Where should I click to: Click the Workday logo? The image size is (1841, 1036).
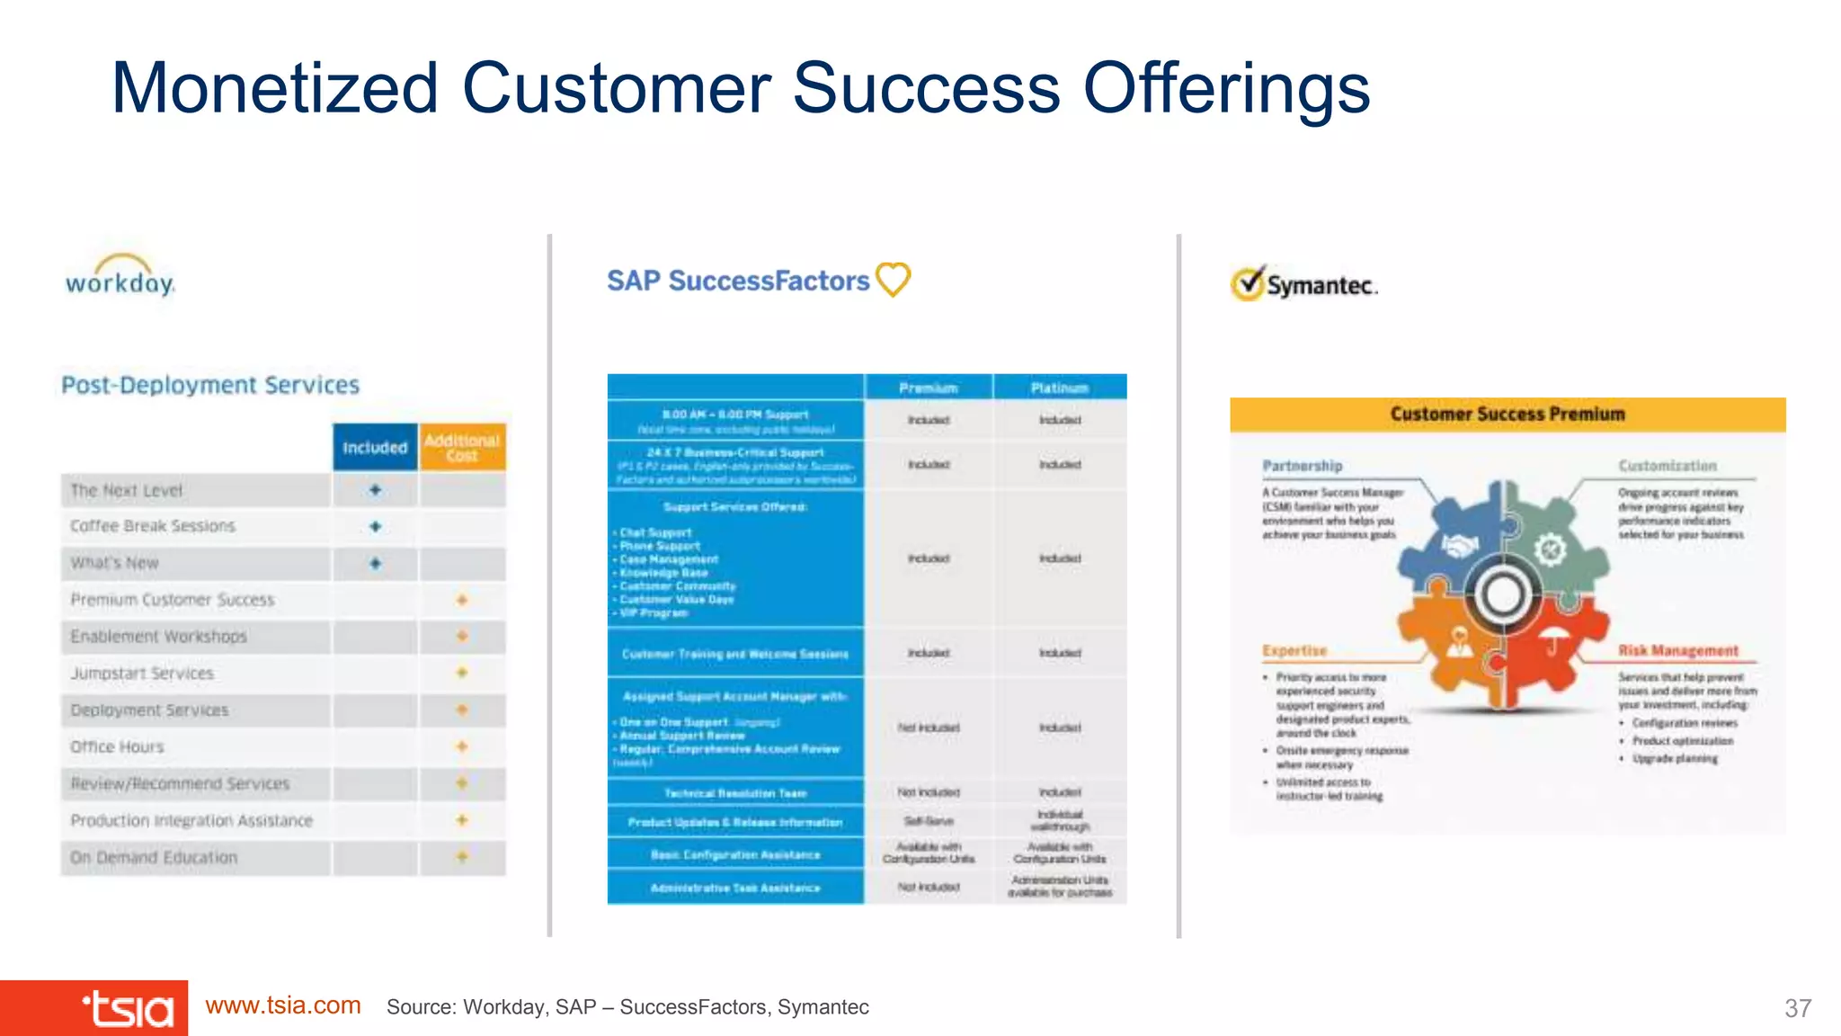[120, 277]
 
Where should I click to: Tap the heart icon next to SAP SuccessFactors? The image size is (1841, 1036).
[894, 279]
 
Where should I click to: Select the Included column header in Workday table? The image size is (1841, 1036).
[375, 448]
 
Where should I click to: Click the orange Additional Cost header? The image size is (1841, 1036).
[462, 448]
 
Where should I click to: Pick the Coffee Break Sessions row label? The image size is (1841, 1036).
[153, 526]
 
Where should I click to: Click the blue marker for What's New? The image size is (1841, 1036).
[376, 564]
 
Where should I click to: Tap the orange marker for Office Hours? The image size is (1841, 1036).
[462, 746]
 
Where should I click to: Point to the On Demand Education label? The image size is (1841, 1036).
[154, 858]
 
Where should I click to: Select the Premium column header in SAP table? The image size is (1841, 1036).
[928, 388]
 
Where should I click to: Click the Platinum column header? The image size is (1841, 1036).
[1060, 388]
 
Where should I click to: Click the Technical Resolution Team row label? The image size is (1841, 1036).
[735, 793]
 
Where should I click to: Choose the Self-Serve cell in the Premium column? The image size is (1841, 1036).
[928, 821]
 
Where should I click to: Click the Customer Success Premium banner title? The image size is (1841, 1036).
[1507, 415]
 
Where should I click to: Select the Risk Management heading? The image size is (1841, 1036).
[1678, 650]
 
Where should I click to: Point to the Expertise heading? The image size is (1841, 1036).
[1294, 650]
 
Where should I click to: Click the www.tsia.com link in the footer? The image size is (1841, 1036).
[283, 1005]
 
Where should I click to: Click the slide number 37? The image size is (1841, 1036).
[1797, 1008]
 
